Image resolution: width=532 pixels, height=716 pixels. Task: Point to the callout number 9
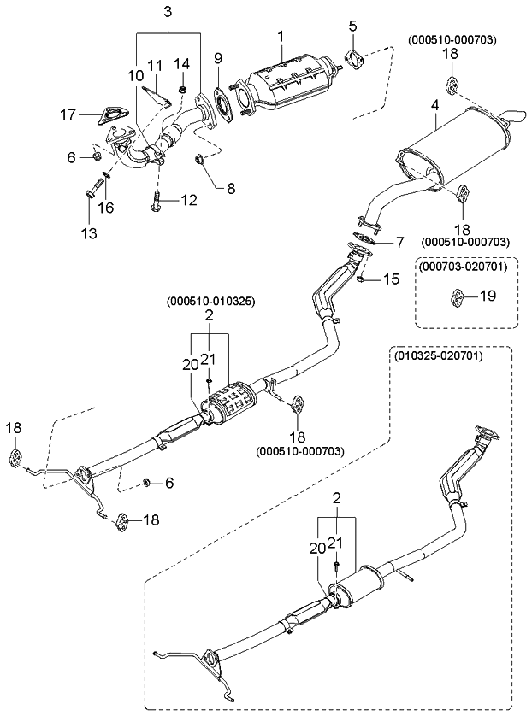(x=217, y=58)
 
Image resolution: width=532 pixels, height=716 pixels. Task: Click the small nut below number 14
(x=182, y=88)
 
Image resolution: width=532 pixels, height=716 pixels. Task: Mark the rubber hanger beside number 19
(x=458, y=296)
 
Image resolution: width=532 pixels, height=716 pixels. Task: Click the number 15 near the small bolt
(x=391, y=279)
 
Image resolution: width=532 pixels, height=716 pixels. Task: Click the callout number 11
(x=155, y=65)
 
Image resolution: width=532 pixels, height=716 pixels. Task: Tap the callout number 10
(x=136, y=75)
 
